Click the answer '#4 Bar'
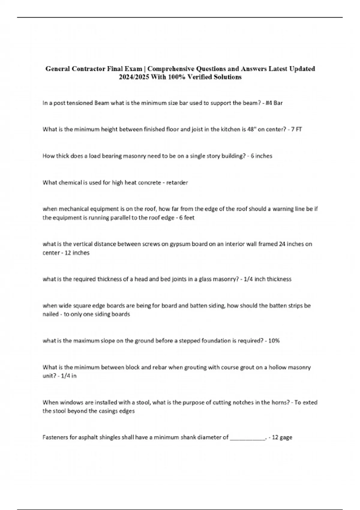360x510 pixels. point(274,103)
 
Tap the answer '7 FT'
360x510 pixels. point(296,130)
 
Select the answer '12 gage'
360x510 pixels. point(282,437)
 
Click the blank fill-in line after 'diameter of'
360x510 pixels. point(247,437)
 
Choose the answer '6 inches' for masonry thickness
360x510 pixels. point(261,156)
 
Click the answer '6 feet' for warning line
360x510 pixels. point(187,218)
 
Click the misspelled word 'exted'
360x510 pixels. point(310,403)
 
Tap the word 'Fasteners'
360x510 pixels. point(55,437)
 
